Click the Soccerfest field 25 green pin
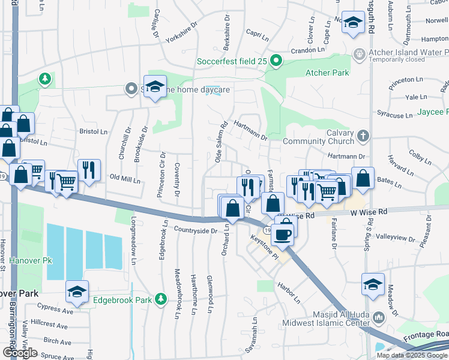pos(276,61)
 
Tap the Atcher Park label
pos(327,73)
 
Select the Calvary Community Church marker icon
pos(362,137)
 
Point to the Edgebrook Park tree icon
pos(160,299)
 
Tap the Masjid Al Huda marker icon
pos(378,317)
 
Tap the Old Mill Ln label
pos(125,179)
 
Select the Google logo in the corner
pos(20,353)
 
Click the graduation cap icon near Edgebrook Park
pos(77,292)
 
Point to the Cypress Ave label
pos(55,311)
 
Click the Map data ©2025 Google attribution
pos(412,355)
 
